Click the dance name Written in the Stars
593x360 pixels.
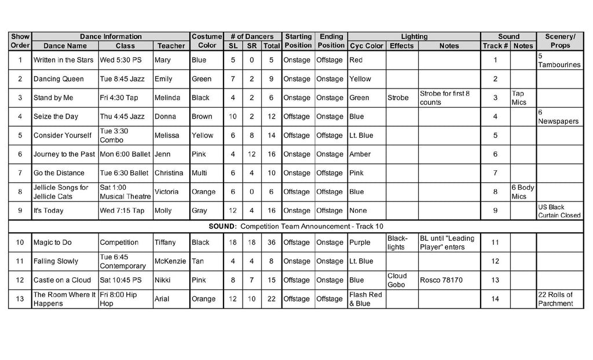63,60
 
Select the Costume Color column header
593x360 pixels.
207,41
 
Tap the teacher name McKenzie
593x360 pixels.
170,261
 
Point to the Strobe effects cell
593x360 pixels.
398,98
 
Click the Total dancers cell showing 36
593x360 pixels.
271,243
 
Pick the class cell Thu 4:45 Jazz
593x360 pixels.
122,116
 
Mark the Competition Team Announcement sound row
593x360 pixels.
296,226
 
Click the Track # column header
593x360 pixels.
495,46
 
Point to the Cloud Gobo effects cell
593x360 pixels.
397,280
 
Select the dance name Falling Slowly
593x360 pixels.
56,261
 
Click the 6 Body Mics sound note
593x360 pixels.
522,192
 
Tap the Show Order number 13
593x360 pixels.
20,299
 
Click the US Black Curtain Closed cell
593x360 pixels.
559,211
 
